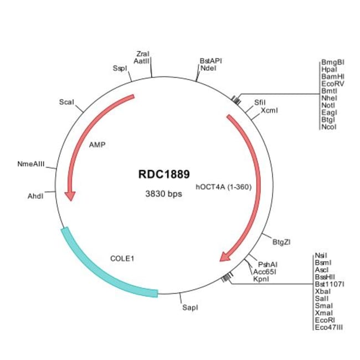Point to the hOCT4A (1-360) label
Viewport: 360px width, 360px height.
pyautogui.click(x=224, y=187)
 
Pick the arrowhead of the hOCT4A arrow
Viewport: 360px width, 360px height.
pyautogui.click(x=226, y=256)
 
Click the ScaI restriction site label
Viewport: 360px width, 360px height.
pyautogui.click(x=67, y=102)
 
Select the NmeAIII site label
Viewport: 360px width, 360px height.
pyautogui.click(x=30, y=164)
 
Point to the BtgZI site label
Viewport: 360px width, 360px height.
pyautogui.click(x=282, y=242)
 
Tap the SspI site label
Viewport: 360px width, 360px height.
pyautogui.click(x=120, y=68)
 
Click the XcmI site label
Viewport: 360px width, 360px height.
pyautogui.click(x=269, y=110)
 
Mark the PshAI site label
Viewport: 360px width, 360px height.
pyautogui.click(x=268, y=265)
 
